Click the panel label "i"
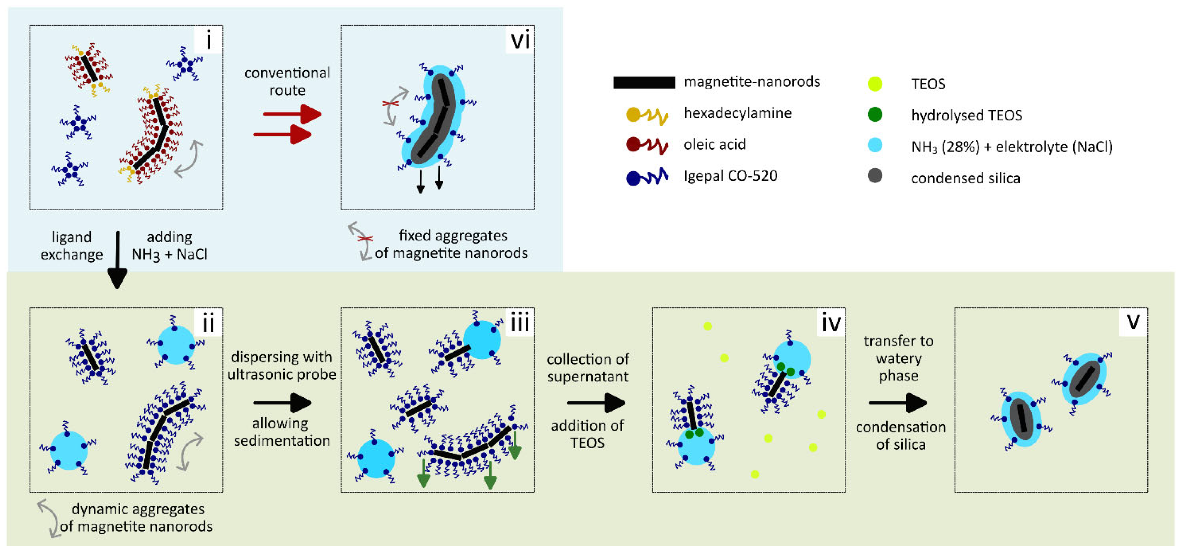[208, 40]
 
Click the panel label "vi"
[520, 40]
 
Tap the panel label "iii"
[520, 323]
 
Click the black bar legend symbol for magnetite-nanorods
[644, 82]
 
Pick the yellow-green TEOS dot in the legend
[875, 84]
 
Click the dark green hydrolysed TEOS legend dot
[875, 115]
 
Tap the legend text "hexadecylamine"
[738, 113]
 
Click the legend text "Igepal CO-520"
[730, 176]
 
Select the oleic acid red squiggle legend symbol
[647, 145]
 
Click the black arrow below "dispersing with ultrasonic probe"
[282, 403]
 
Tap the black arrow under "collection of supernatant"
[596, 403]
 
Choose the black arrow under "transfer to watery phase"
[897, 403]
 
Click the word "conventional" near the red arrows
[287, 73]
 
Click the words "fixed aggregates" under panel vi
[453, 236]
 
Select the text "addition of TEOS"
[587, 434]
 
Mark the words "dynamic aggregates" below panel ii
[138, 509]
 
